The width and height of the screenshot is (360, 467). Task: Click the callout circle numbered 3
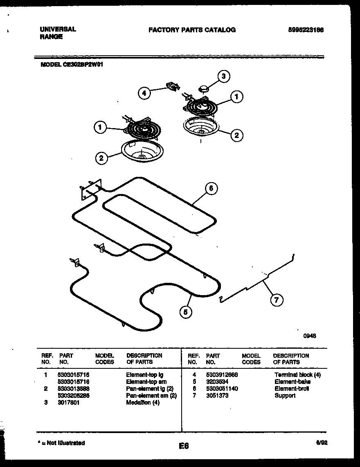coord(223,76)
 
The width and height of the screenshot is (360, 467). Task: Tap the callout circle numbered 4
coord(144,93)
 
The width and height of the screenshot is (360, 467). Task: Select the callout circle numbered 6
coord(211,188)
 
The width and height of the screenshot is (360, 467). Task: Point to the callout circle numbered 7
coord(276,300)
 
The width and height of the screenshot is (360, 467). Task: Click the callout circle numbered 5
coord(186,312)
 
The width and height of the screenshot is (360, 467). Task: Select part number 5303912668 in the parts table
coord(222,375)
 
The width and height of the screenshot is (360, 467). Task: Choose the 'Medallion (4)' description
coord(143,403)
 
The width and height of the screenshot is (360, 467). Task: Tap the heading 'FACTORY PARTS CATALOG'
coord(192,30)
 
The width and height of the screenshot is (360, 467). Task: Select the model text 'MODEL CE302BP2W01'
coord(71,64)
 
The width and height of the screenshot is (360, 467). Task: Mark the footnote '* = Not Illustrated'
coord(61,443)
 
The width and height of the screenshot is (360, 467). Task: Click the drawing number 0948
coord(310,336)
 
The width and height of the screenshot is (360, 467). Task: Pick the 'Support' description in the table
coord(285,396)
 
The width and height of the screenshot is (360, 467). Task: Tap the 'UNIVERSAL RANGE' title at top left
coord(58,33)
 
